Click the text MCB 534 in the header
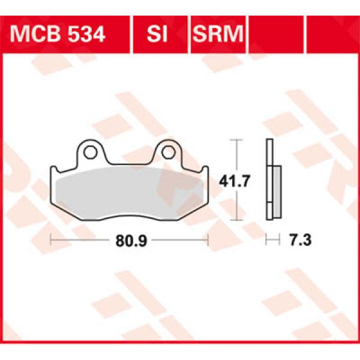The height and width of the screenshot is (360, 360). (x=58, y=34)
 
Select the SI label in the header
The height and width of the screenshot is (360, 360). (x=158, y=34)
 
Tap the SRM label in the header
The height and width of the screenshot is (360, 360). (x=218, y=34)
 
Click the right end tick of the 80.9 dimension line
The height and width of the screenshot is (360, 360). (x=206, y=241)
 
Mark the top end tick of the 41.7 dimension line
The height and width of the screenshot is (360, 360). (x=238, y=140)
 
